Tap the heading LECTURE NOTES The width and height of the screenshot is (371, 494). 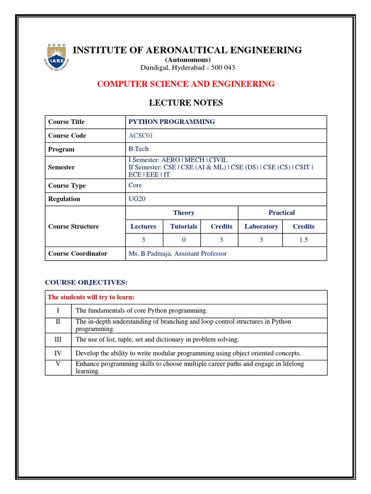pyautogui.click(x=185, y=103)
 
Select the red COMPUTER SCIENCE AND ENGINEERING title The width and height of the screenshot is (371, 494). pyautogui.click(x=186, y=84)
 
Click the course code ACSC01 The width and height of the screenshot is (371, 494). pyautogui.click(x=141, y=136)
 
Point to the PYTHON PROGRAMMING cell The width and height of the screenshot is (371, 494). pyautogui.click(x=171, y=122)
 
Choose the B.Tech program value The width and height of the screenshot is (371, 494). pyautogui.click(x=139, y=150)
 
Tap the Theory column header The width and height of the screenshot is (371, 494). pyautogui.click(x=184, y=213)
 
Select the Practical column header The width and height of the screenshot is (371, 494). pyautogui.click(x=282, y=213)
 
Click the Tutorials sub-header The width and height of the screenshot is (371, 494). pyautogui.click(x=184, y=226)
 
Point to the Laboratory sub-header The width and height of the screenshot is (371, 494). pyautogui.click(x=261, y=226)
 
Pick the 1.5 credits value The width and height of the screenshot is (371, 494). pyautogui.click(x=303, y=240)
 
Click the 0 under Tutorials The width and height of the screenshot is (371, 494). pyautogui.click(x=184, y=240)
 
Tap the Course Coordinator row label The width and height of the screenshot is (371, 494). pyautogui.click(x=78, y=254)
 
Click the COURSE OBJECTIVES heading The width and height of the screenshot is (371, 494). pyautogui.click(x=86, y=282)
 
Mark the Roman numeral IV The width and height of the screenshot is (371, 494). pyautogui.click(x=58, y=353)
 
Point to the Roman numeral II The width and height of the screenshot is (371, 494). pyautogui.click(x=58, y=321)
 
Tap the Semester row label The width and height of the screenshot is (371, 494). pyautogui.click(x=61, y=167)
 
